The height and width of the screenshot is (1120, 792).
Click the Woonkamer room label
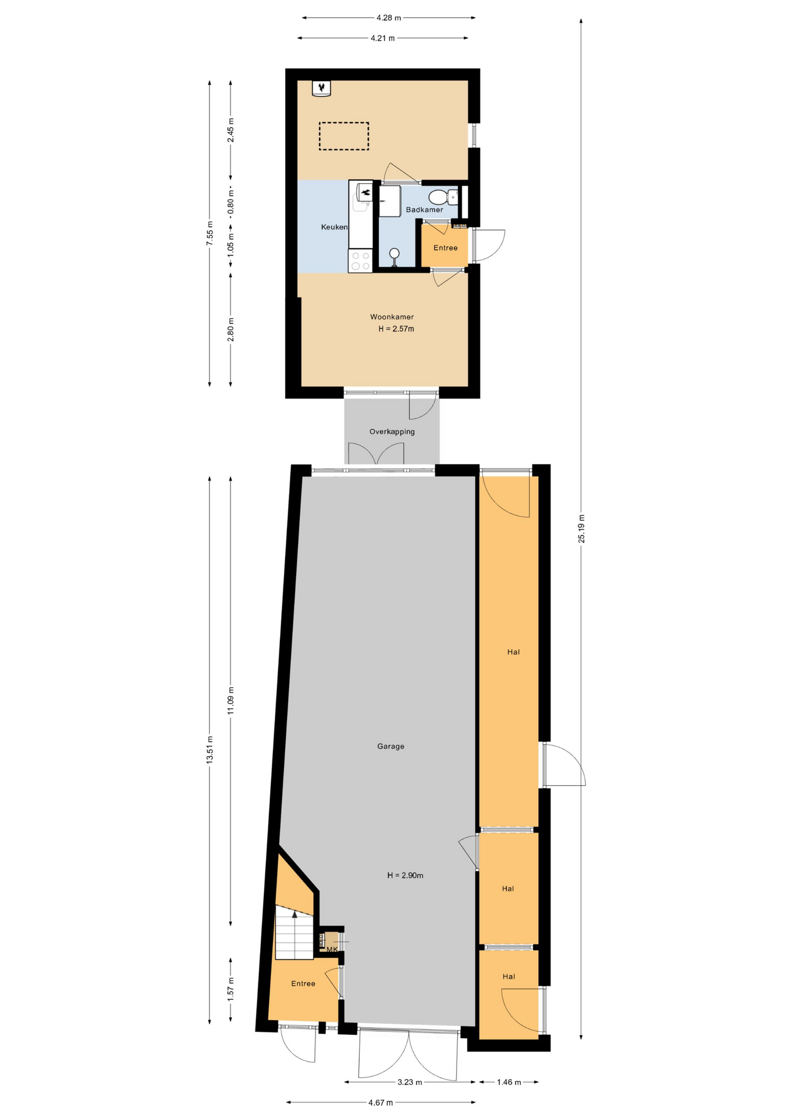391,317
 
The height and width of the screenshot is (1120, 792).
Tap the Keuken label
334,227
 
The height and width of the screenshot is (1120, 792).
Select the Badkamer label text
424,209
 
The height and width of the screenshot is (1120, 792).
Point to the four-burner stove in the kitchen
360,261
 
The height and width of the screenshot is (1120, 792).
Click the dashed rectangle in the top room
344,136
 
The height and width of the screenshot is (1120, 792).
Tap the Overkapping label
391,432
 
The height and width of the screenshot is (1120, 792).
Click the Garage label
390,746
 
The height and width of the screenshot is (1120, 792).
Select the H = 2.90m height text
405,875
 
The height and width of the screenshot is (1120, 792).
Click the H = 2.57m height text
396,329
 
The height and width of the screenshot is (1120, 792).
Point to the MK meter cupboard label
332,949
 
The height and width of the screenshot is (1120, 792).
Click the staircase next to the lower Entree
295,933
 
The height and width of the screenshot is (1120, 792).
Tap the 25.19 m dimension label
581,529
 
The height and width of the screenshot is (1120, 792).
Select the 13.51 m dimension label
209,750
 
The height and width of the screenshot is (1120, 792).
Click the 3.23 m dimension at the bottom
409,1082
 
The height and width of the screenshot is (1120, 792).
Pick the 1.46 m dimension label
509,1082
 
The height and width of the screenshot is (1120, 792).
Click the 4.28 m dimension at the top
388,17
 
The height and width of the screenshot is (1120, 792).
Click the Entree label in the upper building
445,248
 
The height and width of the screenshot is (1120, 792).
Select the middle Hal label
507,888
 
